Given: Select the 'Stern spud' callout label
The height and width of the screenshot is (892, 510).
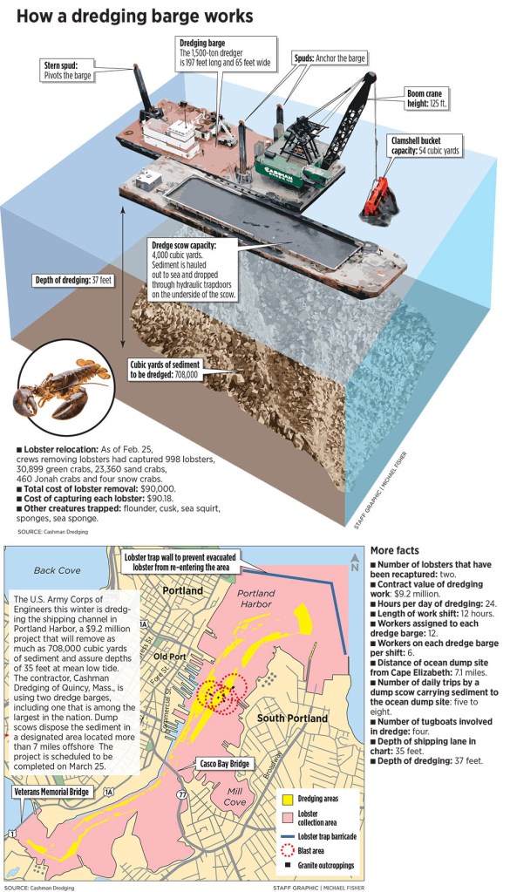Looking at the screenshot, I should pyautogui.click(x=73, y=70).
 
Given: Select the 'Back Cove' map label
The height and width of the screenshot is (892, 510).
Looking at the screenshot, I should pyautogui.click(x=56, y=570).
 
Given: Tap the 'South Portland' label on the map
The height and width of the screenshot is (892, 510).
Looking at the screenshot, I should pyautogui.click(x=293, y=718).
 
